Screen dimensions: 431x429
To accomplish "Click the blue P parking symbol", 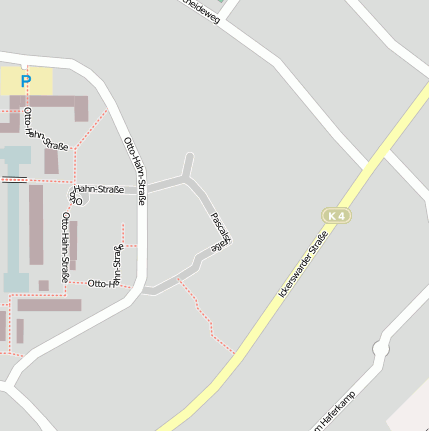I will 26,81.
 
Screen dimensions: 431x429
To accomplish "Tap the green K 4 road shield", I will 337,215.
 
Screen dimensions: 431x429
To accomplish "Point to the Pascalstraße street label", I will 221,231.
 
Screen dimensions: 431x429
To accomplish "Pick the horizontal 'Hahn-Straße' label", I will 98,188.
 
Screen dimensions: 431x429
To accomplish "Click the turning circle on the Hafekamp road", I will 380,349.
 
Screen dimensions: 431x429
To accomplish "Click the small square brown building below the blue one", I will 44,286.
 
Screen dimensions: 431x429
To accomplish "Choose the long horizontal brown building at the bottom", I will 49,305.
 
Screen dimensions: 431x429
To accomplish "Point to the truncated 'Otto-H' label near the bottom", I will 103,284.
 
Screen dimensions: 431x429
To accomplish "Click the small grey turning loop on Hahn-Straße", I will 82,197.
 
